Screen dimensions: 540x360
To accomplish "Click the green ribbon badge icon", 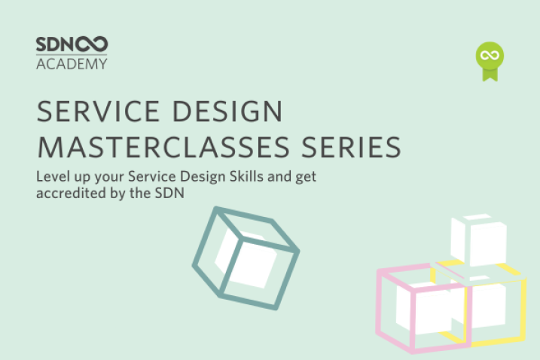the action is coord(490,61).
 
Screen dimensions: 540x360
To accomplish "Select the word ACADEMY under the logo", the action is coord(72,64).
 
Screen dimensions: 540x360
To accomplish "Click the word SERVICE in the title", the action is coord(98,111).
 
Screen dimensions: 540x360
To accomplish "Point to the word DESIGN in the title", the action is coord(227,111).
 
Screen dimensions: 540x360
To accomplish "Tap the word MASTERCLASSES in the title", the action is coord(163,147).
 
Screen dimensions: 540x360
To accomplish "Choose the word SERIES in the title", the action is coord(351,147).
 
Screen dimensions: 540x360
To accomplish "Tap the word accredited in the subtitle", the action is coord(71,193).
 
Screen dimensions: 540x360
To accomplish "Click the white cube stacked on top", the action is coord(479,240).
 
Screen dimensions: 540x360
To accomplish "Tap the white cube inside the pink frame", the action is coord(424,307).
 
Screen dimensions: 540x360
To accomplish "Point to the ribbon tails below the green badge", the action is coord(490,75).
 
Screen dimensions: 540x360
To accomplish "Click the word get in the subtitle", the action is coord(306,178).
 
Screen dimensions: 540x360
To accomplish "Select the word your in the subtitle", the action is coord(109,178).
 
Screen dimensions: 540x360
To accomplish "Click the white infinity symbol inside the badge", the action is coord(490,56).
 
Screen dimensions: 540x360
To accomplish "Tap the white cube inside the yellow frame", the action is coord(486,304).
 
